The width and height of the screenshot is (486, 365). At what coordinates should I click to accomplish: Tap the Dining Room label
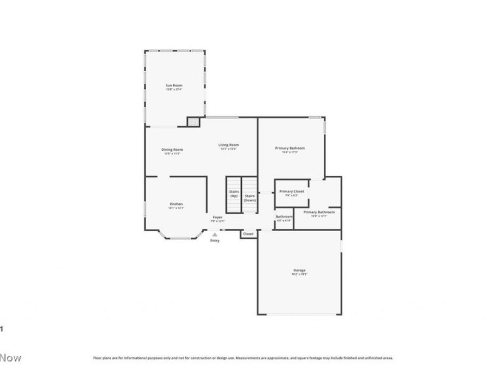[x=172, y=150]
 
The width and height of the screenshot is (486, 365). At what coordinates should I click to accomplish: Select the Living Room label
[x=229, y=145]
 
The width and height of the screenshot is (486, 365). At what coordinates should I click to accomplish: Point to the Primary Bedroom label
[x=290, y=148]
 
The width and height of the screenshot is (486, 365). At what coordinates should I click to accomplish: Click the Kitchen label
[x=176, y=204]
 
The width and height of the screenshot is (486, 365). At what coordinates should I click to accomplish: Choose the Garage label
[x=299, y=270]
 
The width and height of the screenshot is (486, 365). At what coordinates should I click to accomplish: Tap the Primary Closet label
[x=292, y=192]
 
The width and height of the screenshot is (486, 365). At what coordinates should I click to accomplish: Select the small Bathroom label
[x=284, y=217]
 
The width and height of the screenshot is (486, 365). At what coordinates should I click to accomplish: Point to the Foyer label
[x=217, y=217]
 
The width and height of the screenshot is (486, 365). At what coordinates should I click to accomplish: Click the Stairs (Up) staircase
[x=234, y=195]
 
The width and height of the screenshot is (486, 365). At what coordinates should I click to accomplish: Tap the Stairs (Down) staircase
[x=250, y=195]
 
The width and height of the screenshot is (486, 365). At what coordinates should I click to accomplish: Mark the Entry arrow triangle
[x=214, y=234]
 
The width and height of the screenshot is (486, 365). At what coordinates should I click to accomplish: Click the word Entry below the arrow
[x=214, y=241]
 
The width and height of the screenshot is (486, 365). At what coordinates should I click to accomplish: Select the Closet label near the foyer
[x=248, y=234]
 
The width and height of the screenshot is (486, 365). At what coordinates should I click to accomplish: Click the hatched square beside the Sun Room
[x=193, y=122]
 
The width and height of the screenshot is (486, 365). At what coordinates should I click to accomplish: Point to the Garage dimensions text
[x=299, y=274]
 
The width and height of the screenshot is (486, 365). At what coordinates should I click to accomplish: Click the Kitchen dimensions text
[x=176, y=208]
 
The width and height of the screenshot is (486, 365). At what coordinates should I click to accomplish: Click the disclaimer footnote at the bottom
[x=243, y=358]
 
